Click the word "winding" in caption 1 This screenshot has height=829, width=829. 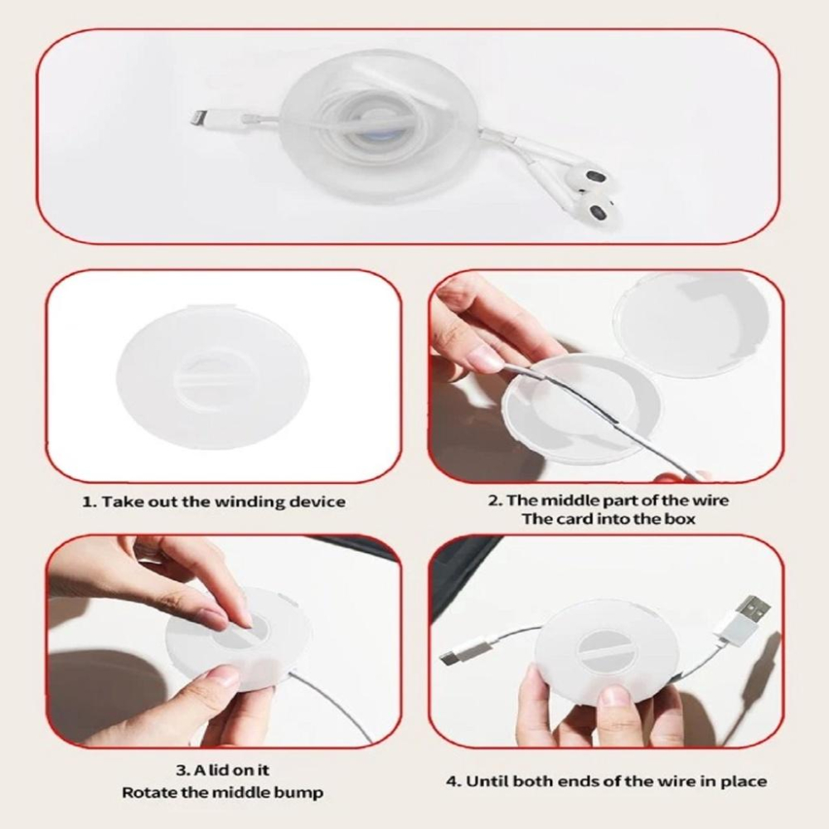click(x=250, y=502)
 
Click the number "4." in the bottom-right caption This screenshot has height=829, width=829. click(x=453, y=781)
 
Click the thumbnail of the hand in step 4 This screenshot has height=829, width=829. click(x=610, y=696)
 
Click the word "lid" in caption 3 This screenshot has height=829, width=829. click(x=222, y=770)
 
